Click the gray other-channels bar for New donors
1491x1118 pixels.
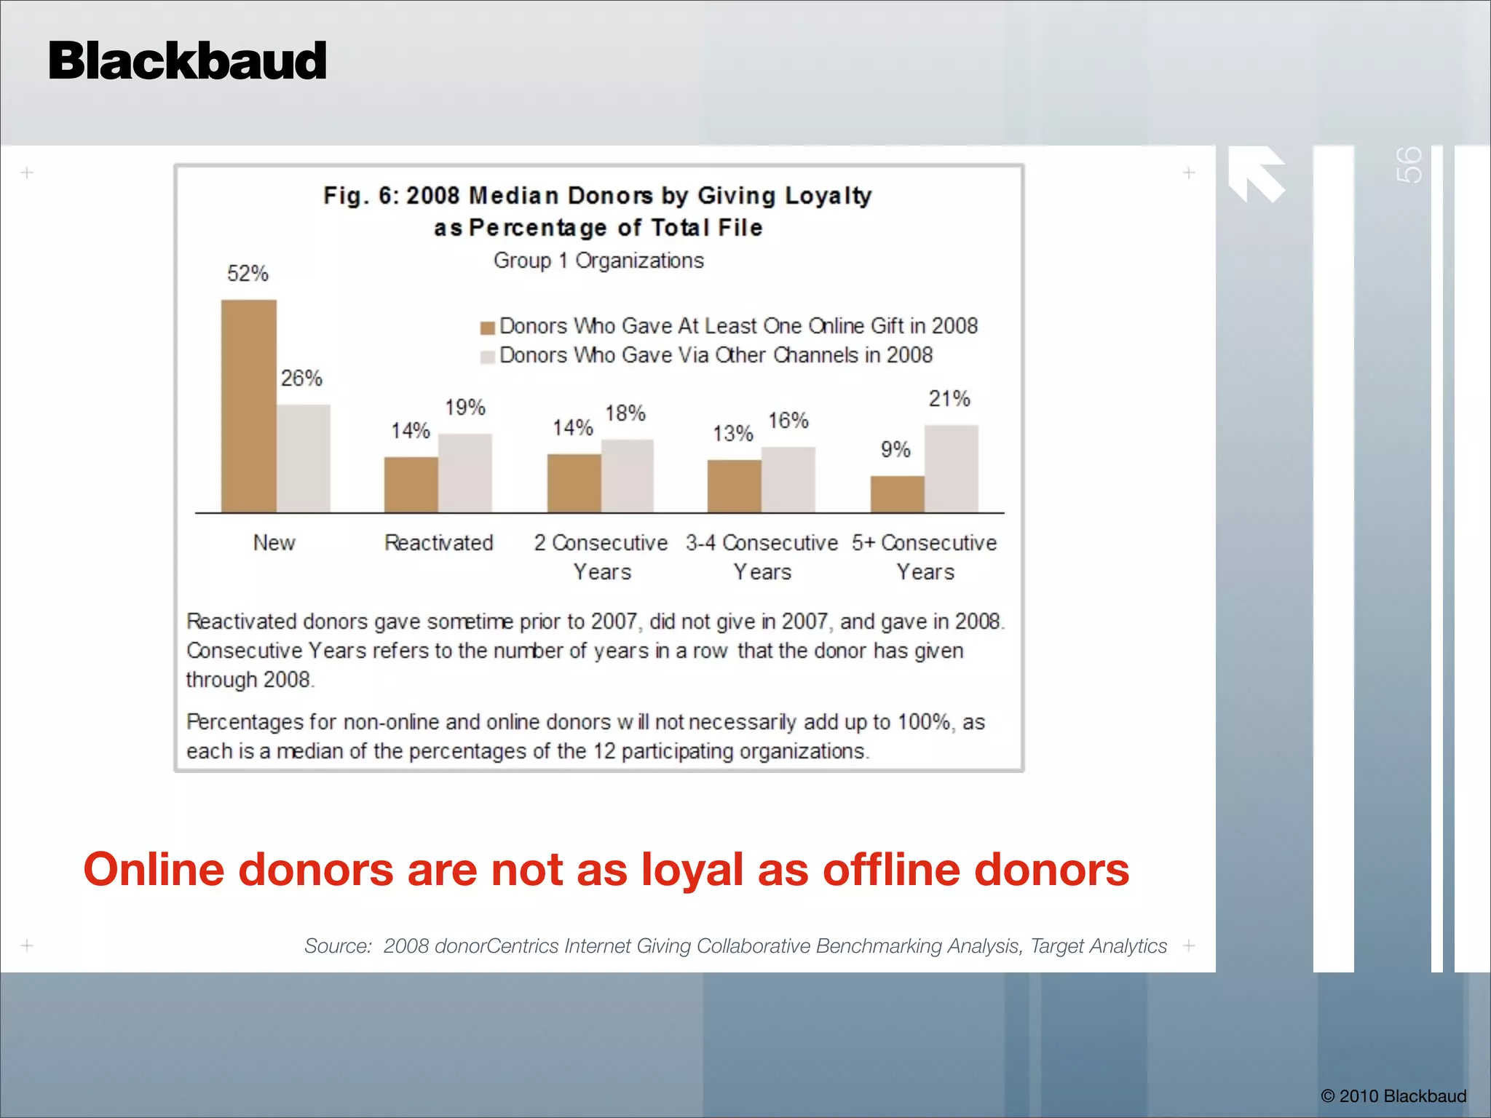pyautogui.click(x=304, y=459)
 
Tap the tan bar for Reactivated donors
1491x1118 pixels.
pyautogui.click(x=411, y=485)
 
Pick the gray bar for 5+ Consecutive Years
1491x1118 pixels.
pyautogui.click(x=951, y=469)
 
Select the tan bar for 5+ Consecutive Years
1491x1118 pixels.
pyautogui.click(x=897, y=494)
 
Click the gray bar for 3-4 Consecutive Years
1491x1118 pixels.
pyautogui.click(x=788, y=480)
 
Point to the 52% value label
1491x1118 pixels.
pyautogui.click(x=248, y=274)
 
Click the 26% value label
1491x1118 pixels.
pyautogui.click(x=301, y=378)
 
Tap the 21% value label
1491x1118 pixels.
pyautogui.click(x=949, y=399)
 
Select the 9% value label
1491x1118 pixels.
pyautogui.click(x=895, y=450)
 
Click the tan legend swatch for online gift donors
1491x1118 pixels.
pyautogui.click(x=487, y=328)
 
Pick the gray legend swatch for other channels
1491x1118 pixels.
pyautogui.click(x=487, y=357)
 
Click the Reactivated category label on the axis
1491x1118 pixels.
pyautogui.click(x=438, y=543)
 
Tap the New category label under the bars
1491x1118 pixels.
pyautogui.click(x=274, y=543)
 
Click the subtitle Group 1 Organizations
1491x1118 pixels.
pyautogui.click(x=598, y=261)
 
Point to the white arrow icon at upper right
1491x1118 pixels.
pyautogui.click(x=1256, y=173)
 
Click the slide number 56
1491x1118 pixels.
pyautogui.click(x=1409, y=165)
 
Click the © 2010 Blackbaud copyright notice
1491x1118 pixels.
pyautogui.click(x=1393, y=1096)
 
